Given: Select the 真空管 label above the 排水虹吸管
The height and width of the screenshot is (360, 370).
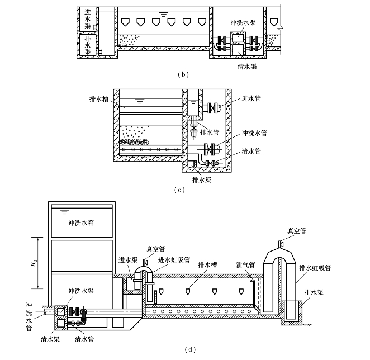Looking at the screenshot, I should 297,230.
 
